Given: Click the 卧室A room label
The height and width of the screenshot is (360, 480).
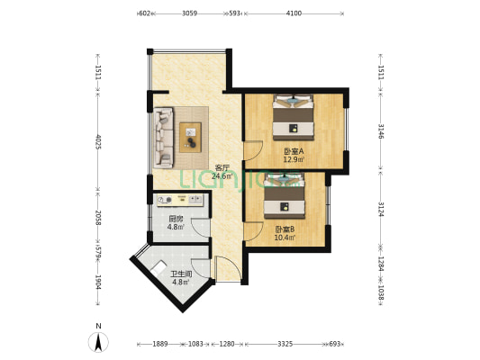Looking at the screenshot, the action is coord(294,151).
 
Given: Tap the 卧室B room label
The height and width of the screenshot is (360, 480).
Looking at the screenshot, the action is coord(285,229).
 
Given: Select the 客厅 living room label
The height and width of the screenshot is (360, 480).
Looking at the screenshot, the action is coord(222,168).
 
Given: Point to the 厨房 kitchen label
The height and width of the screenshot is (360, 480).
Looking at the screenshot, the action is coord(176,219).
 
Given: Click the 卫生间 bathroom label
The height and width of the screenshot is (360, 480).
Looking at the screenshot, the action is coord(181,274).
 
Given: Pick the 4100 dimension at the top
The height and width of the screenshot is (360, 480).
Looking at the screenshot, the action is coord(294,13).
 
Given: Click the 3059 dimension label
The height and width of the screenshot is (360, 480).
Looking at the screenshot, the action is coord(189,13).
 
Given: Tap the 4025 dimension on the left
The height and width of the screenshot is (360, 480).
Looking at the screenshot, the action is coord(98,141).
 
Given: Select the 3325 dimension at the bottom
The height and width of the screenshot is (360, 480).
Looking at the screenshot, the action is coord(285,344).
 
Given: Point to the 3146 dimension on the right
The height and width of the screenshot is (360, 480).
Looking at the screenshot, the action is coord(381,130).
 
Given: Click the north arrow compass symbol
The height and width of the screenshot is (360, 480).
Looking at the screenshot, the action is coord(98,342).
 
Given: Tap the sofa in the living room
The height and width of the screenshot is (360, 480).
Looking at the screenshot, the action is coord(164,138).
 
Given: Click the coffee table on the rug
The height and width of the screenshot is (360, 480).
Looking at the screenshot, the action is coord(190,138).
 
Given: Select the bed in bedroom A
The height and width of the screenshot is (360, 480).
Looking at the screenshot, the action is coord(294,118).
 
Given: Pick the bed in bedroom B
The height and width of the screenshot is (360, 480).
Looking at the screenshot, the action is coord(285,196).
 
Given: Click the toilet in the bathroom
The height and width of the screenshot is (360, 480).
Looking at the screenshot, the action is coord(158,268).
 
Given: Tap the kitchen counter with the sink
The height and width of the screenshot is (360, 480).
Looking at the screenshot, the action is coord(180,200).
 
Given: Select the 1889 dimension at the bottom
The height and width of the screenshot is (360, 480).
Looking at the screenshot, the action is coord(159,344).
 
